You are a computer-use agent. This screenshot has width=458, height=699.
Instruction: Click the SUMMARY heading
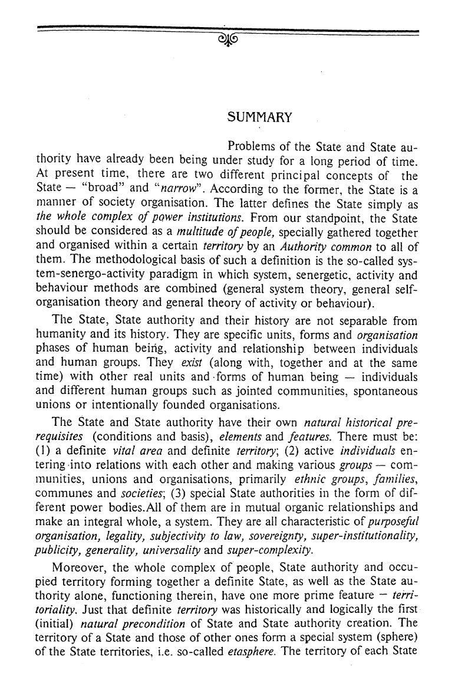click(x=259, y=117)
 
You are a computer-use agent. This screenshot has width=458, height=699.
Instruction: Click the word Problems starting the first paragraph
click(x=252, y=146)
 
